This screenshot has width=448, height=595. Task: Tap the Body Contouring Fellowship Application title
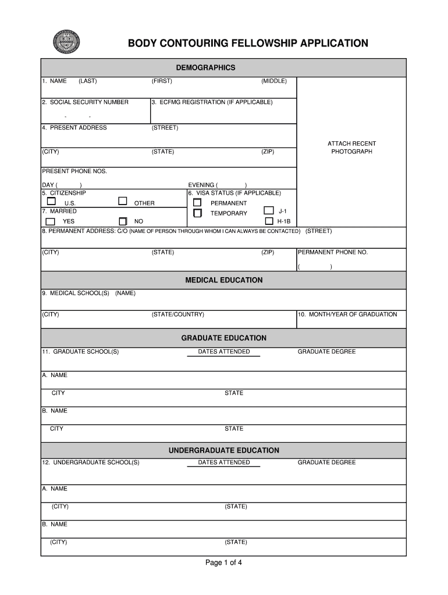click(x=248, y=44)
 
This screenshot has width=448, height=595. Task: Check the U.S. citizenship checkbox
click(x=51, y=202)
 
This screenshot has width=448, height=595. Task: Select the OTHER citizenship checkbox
click(x=123, y=201)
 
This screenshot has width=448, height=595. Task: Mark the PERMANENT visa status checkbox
click(x=197, y=203)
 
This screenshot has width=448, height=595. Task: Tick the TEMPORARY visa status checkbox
click(x=197, y=213)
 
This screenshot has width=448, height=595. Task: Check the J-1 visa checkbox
click(x=268, y=210)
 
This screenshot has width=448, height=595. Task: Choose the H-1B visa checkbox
click(x=268, y=221)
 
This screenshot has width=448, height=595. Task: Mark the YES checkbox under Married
click(x=51, y=221)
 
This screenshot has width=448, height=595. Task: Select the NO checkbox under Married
click(x=123, y=221)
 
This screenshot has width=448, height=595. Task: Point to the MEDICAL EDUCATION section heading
click(x=224, y=280)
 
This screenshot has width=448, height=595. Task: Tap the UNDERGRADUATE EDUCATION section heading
click(x=224, y=450)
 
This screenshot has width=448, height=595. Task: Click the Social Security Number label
click(x=86, y=102)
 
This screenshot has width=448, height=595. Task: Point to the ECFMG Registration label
click(x=212, y=102)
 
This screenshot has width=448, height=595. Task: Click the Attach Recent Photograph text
click(x=351, y=148)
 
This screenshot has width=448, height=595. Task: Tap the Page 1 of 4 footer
click(x=224, y=562)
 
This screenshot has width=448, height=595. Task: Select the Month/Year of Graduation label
click(x=347, y=314)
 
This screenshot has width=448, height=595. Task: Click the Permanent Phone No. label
click(x=333, y=253)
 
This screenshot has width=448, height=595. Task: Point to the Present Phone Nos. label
click(x=74, y=171)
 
